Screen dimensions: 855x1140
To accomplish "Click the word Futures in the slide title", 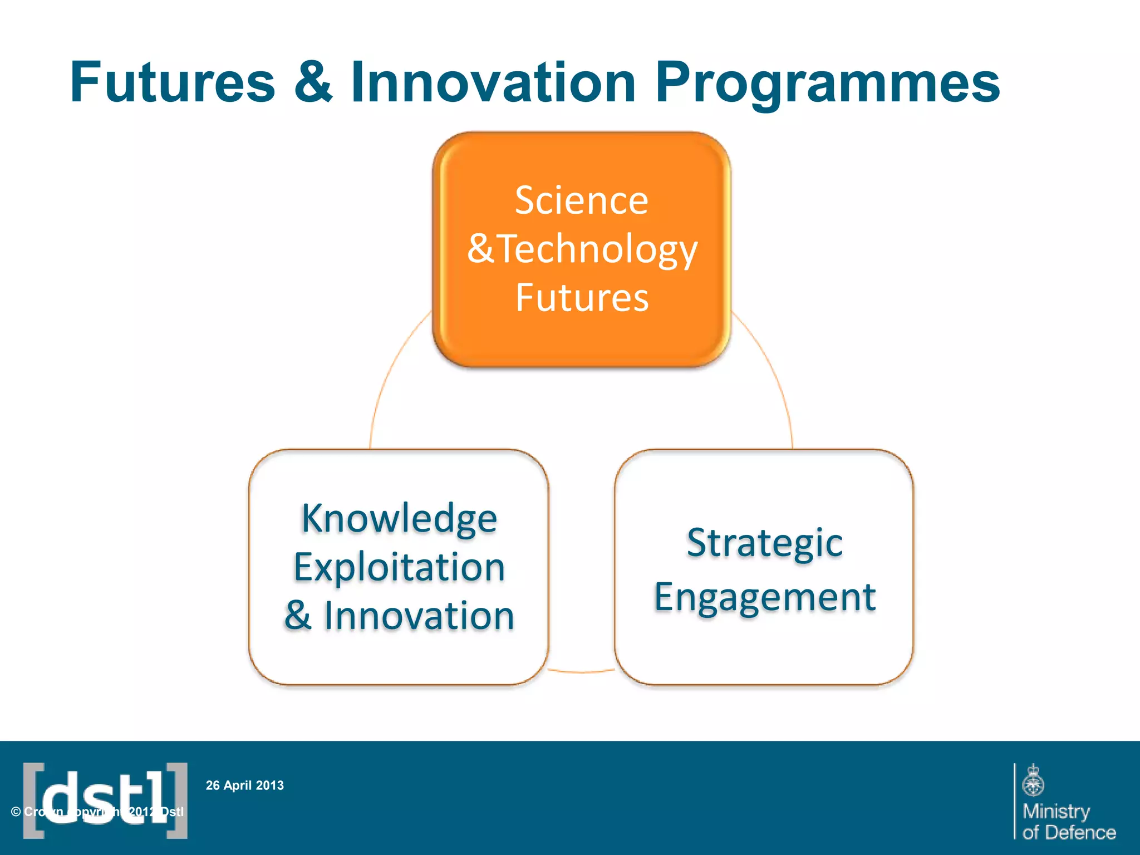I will (x=173, y=83).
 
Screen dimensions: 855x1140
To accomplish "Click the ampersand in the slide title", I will (x=313, y=83).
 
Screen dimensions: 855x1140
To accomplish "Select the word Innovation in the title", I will (x=493, y=83).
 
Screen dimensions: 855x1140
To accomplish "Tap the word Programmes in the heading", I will (x=828, y=83).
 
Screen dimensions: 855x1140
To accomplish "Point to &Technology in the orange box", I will (x=582, y=249).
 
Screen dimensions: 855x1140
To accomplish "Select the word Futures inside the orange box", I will (x=582, y=297).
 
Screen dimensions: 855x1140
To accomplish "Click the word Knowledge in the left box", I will (x=399, y=518).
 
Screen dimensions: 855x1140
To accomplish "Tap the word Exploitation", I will (x=399, y=567).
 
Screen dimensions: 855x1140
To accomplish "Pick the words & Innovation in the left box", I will (x=399, y=616).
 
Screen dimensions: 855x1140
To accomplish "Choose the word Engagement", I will (x=764, y=597).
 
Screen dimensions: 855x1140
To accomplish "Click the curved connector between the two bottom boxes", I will (x=582, y=672).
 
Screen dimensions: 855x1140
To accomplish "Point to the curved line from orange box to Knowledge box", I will (x=387, y=379).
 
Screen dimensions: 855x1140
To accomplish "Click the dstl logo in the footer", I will (x=105, y=800).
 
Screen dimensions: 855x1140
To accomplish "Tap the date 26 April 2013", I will (x=245, y=785).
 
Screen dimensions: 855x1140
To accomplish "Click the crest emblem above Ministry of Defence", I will (x=1033, y=780).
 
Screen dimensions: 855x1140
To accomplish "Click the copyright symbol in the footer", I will (x=16, y=812).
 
